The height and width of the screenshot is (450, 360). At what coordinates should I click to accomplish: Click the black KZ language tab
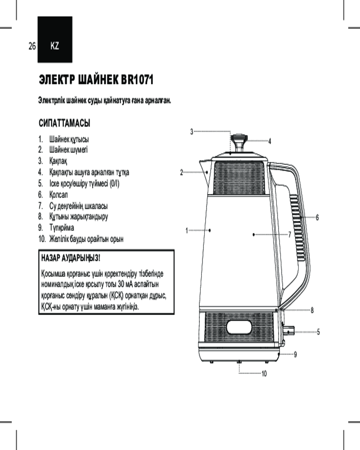[x=55, y=39]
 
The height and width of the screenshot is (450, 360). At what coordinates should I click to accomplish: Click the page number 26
[x=32, y=46]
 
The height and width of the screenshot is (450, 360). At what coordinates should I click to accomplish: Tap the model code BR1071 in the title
[x=137, y=80]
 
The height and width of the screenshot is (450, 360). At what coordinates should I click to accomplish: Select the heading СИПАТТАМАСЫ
[x=64, y=123]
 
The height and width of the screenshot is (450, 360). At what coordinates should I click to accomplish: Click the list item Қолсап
[x=58, y=195]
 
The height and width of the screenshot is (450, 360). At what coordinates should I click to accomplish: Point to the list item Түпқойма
[x=62, y=228]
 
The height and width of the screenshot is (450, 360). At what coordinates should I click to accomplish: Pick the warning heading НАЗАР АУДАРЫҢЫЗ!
[x=71, y=258]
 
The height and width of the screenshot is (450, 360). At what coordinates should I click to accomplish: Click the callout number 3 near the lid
[x=192, y=132]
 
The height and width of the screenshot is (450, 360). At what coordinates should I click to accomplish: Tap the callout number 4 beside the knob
[x=270, y=141]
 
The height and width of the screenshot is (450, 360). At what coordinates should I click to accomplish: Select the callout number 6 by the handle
[x=317, y=217]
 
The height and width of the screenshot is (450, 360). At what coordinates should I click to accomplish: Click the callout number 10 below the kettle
[x=264, y=373]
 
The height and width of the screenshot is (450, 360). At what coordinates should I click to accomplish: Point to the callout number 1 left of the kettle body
[x=187, y=230]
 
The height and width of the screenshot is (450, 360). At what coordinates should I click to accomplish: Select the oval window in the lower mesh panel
[x=239, y=327]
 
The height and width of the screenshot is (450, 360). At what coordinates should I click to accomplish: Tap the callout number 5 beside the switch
[x=318, y=332]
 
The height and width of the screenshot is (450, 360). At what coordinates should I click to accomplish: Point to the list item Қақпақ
[x=58, y=161]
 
